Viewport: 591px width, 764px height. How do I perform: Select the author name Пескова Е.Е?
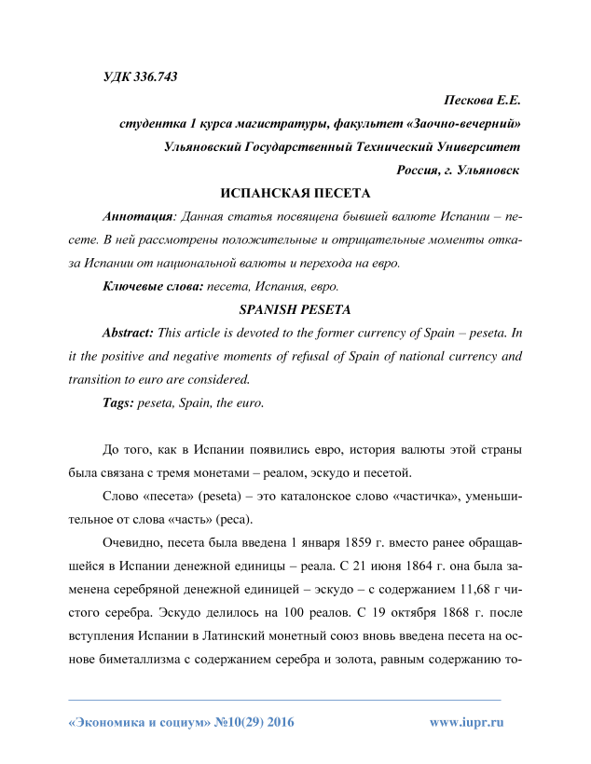pos(482,99)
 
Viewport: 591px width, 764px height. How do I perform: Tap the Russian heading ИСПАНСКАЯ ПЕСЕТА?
pos(295,193)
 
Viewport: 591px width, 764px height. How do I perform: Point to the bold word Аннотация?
pos(138,216)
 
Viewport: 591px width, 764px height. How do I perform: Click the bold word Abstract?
pos(130,333)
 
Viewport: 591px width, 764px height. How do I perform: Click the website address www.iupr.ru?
pos(466,722)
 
